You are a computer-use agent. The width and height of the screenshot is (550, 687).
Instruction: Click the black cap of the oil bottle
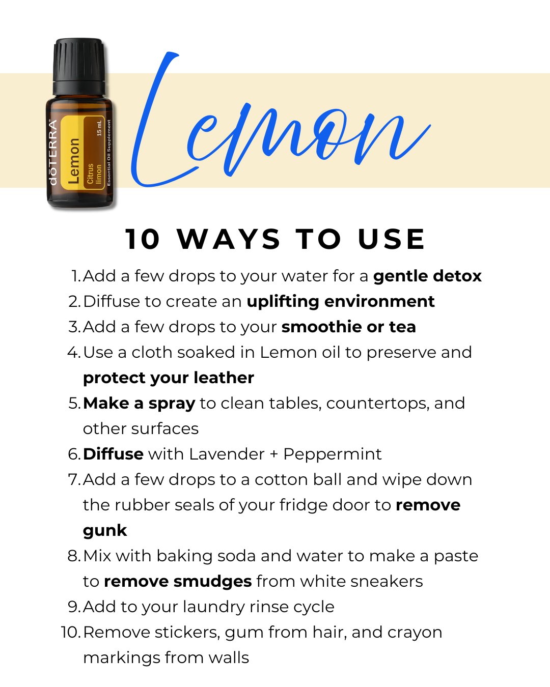(78, 66)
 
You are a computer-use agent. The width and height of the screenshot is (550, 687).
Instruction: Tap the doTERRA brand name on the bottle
(53, 153)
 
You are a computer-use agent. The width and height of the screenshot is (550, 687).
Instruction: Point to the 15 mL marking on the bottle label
(99, 128)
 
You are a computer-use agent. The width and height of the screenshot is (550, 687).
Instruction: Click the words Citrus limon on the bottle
(94, 174)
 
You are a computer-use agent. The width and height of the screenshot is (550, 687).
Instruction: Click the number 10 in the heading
(142, 239)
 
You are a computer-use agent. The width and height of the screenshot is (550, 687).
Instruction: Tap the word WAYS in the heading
(229, 239)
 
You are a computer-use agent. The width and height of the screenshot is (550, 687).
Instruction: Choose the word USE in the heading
(392, 239)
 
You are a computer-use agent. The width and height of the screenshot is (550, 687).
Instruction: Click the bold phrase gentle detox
(427, 276)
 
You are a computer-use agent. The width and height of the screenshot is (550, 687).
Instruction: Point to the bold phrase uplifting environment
(341, 302)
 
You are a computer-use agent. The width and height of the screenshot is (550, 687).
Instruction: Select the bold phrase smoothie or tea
(349, 327)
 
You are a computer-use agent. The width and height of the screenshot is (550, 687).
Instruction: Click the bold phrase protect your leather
(169, 379)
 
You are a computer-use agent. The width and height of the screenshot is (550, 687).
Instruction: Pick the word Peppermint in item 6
(333, 455)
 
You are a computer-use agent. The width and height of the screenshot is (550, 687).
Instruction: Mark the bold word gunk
(105, 531)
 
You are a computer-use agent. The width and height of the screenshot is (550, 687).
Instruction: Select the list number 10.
(70, 633)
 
